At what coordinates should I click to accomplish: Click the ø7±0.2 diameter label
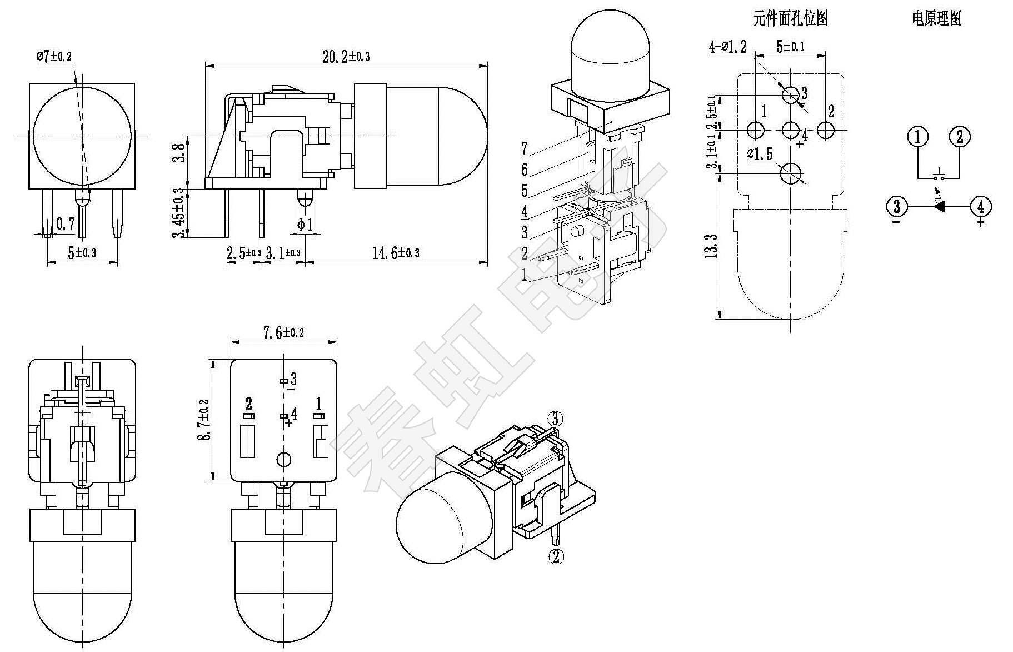click(x=54, y=56)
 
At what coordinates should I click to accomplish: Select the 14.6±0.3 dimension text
click(x=396, y=253)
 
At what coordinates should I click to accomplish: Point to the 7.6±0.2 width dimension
click(x=283, y=333)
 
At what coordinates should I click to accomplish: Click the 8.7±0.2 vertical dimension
click(x=204, y=420)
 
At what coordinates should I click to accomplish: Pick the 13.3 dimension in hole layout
click(x=714, y=245)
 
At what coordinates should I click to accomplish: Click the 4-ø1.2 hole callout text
click(x=728, y=47)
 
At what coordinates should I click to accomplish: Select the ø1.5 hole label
click(x=760, y=153)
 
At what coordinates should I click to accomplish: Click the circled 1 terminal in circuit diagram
click(x=918, y=136)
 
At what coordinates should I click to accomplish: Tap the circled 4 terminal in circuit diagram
click(x=981, y=207)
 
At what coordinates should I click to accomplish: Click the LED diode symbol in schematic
click(x=939, y=207)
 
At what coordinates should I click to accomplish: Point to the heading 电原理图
click(x=936, y=19)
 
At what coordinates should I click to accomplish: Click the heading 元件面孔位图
click(x=790, y=19)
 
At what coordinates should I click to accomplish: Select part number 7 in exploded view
click(x=525, y=148)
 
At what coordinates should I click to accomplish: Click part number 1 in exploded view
click(x=524, y=275)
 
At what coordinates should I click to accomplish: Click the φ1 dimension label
click(x=305, y=225)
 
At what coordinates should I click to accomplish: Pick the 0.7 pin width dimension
click(x=66, y=225)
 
